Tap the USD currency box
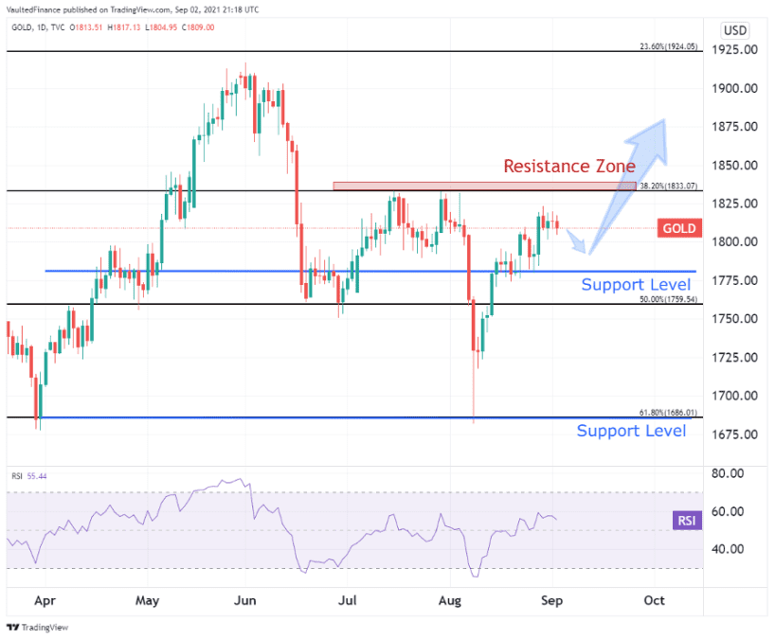point(735,30)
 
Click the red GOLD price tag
point(679,228)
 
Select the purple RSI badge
point(685,520)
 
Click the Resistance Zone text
point(568,166)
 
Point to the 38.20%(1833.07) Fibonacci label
point(668,186)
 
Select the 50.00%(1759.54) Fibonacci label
point(668,299)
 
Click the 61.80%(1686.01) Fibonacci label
point(668,413)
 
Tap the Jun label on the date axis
point(246,600)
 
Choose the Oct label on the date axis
point(654,600)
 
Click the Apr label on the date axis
point(44,600)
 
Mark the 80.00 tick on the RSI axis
point(732,473)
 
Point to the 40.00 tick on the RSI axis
point(732,549)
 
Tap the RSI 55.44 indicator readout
point(29,476)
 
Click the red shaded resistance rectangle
point(483,186)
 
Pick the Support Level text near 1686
point(631,432)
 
